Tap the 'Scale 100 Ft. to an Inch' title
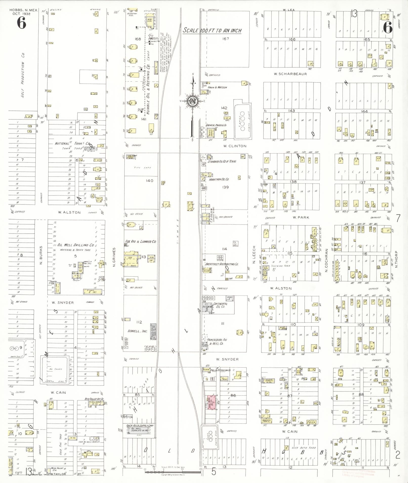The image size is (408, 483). coord(212,31)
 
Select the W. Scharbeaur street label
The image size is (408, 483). coord(290,74)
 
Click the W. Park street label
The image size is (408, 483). coord(301,217)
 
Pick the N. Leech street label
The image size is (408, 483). coord(254,255)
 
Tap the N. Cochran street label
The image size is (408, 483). coord(326,260)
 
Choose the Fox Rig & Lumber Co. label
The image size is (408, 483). coord(141,242)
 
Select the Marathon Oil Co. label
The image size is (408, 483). coord(219,179)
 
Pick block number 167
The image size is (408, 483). coord(226,39)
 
